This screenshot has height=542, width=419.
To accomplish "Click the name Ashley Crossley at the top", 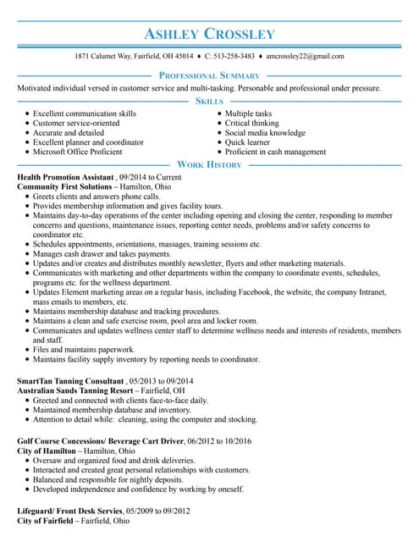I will tap(209, 34).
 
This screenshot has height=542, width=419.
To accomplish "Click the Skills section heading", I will tap(209, 101).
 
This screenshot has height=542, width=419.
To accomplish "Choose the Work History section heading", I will tap(209, 164).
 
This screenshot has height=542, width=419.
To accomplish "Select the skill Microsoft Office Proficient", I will tap(78, 152).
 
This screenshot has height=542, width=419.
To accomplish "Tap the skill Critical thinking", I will tap(251, 124).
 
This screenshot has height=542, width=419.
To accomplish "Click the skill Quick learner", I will tap(247, 142).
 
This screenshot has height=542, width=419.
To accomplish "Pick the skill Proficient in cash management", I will tap(275, 152).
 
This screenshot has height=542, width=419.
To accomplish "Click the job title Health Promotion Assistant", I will tap(65, 177).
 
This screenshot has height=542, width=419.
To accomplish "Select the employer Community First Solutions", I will tap(64, 186).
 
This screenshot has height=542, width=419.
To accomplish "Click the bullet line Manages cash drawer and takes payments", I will tap(102, 254).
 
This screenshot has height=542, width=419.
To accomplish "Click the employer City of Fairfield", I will tap(47, 522).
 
